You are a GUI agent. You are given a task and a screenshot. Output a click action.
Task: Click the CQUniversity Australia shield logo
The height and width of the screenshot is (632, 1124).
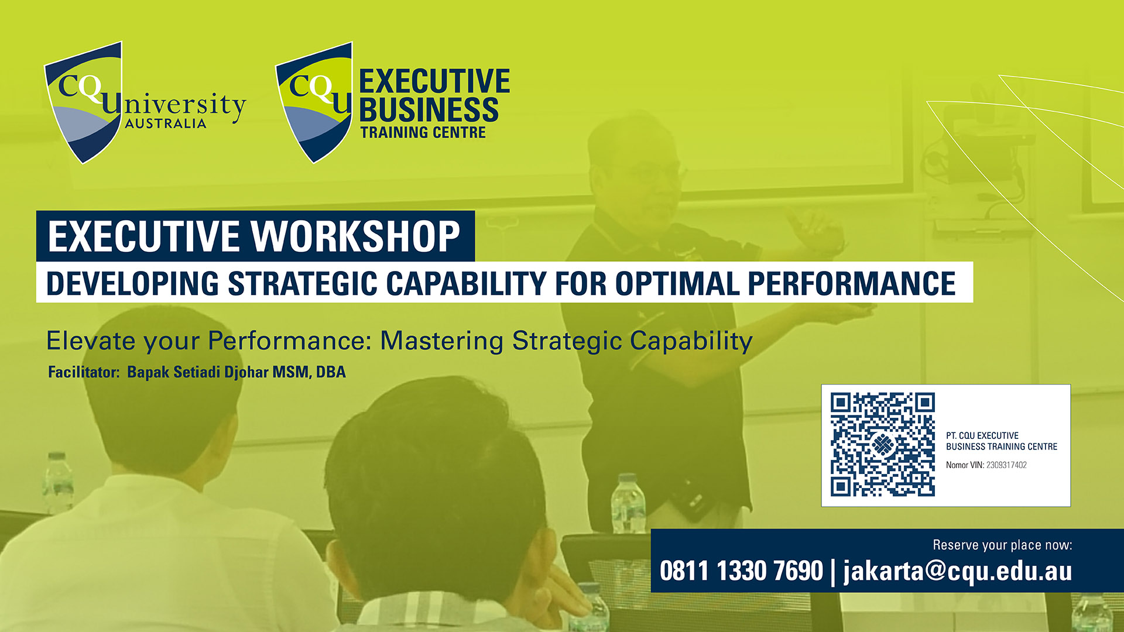click(84, 103)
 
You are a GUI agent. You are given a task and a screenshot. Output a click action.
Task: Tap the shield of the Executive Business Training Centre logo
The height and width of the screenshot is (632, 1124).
click(314, 102)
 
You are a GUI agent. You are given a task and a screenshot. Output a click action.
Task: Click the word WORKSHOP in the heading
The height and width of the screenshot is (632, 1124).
click(356, 236)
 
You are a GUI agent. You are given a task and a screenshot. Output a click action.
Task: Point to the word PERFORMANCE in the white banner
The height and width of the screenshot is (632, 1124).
click(851, 284)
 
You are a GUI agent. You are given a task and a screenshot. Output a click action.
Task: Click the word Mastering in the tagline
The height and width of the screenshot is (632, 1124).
click(442, 341)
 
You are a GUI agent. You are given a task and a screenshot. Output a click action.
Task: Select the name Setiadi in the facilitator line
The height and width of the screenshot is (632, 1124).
click(197, 372)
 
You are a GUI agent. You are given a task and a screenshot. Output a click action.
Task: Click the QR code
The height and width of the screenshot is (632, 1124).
click(882, 445)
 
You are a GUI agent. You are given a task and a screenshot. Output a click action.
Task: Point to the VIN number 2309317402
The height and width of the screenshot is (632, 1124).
click(1006, 465)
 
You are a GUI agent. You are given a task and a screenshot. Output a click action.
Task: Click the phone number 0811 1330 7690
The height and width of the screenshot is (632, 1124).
click(741, 571)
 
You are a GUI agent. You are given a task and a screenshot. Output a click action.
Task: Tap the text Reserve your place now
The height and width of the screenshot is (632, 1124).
click(1002, 545)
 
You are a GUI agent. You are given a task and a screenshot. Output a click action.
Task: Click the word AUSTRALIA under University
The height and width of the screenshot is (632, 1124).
click(166, 123)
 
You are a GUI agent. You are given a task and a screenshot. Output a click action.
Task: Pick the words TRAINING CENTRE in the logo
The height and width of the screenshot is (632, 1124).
click(423, 132)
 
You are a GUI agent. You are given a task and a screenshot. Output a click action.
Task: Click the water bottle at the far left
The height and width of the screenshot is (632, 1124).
click(58, 483)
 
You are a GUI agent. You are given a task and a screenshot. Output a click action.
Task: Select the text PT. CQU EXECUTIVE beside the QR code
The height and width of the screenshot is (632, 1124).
click(982, 436)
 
